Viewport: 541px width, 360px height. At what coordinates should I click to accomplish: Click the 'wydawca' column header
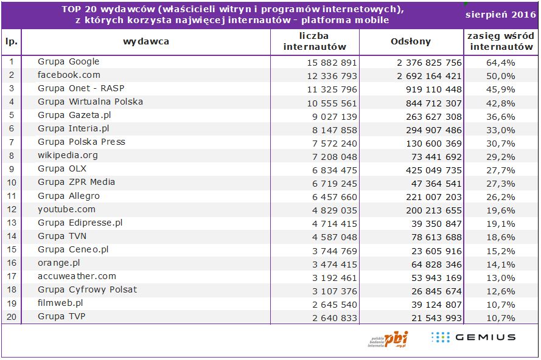pos(145,42)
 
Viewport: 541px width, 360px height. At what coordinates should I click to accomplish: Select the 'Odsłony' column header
pos(410,42)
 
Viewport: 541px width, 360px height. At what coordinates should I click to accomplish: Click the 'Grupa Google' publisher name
pos(68,61)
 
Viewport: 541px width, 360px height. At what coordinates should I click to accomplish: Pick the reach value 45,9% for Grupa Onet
pos(500,89)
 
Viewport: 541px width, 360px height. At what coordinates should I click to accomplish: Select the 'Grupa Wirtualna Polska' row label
pos(90,102)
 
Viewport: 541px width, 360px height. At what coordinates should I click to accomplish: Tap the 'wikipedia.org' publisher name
pos(68,155)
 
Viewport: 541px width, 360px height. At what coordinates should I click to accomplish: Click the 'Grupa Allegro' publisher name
pos(68,196)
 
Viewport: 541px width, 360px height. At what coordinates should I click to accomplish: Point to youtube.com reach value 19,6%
pos(500,209)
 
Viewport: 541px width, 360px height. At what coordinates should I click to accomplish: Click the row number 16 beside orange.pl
pos(11,263)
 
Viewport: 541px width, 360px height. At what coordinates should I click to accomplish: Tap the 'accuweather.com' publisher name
pos(77,276)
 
